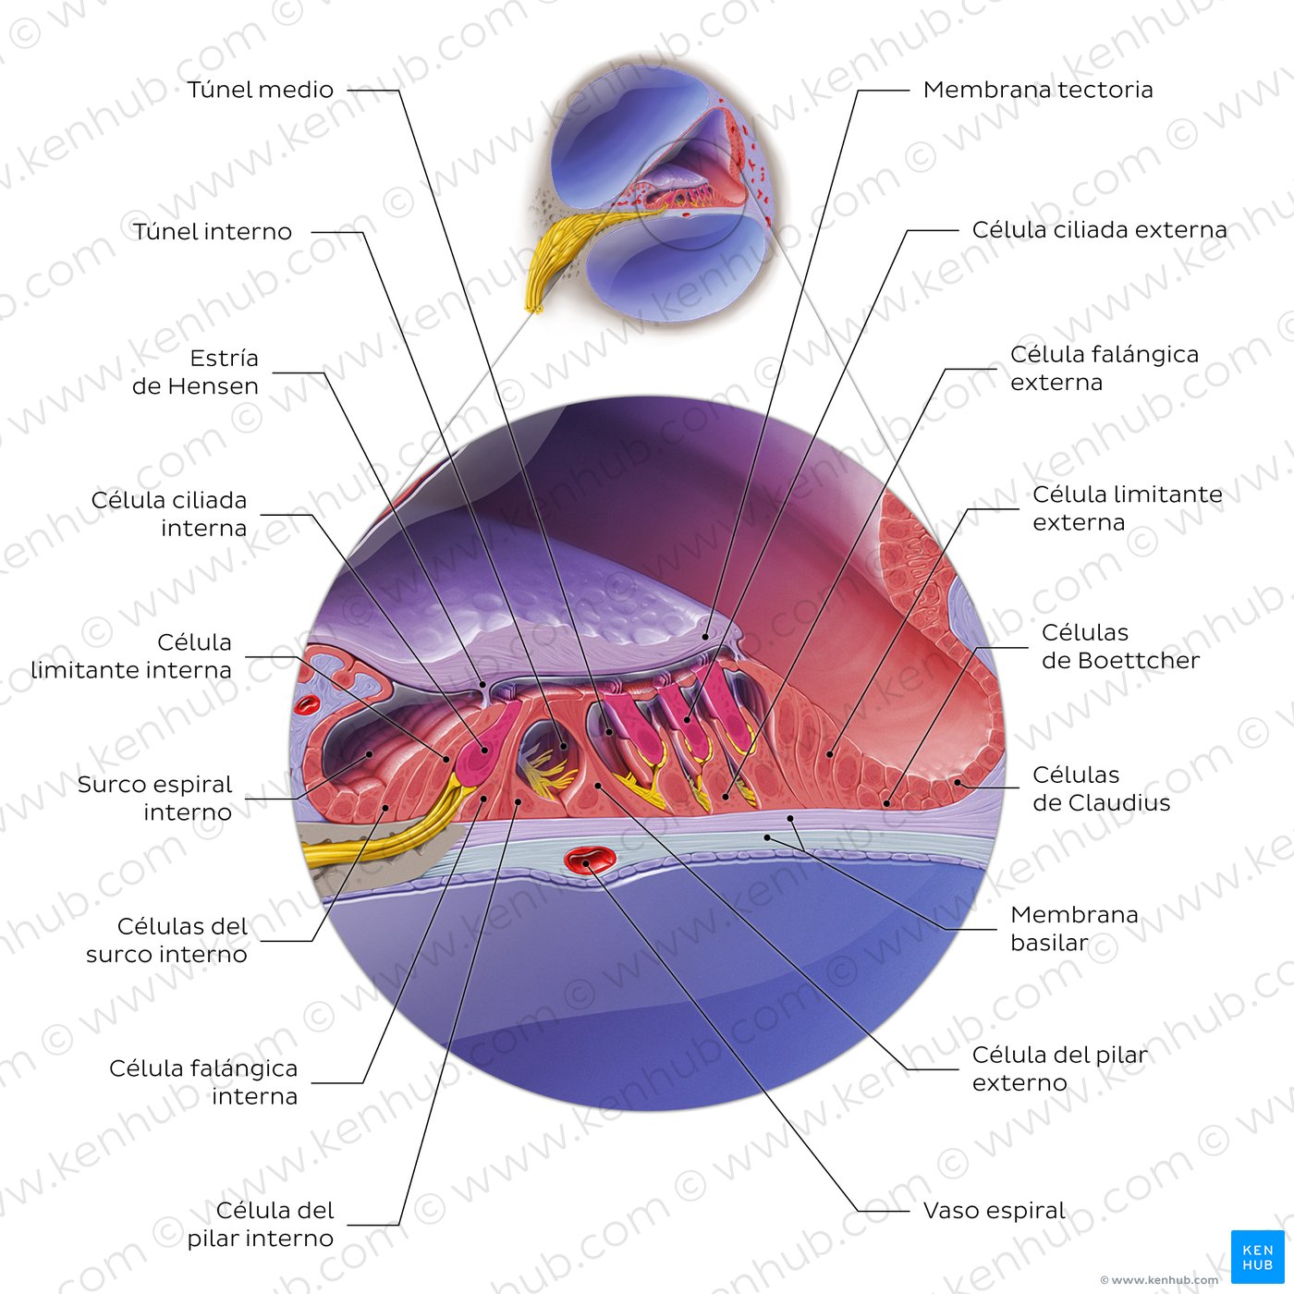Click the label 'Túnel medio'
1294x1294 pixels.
click(x=260, y=90)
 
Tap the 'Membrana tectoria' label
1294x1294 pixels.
click(x=1038, y=90)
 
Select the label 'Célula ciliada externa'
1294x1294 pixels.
click(x=1099, y=230)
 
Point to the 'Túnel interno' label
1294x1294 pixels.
click(x=212, y=232)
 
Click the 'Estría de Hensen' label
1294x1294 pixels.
click(x=195, y=372)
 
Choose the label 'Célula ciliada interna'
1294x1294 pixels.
click(x=169, y=514)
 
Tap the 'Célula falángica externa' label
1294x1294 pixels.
click(x=1104, y=368)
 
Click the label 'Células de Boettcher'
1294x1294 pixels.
click(x=1120, y=647)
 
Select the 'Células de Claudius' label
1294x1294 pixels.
click(x=1101, y=788)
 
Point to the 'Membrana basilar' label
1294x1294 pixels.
click(x=1074, y=928)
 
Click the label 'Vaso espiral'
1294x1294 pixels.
click(x=995, y=1211)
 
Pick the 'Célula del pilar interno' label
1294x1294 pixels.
click(x=261, y=1225)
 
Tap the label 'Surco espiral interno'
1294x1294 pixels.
click(x=154, y=799)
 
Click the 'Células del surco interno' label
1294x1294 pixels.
click(x=167, y=940)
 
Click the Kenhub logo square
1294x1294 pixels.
click(x=1257, y=1257)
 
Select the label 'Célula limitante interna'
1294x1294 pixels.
click(x=131, y=656)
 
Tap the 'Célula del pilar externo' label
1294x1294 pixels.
click(x=1059, y=1068)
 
